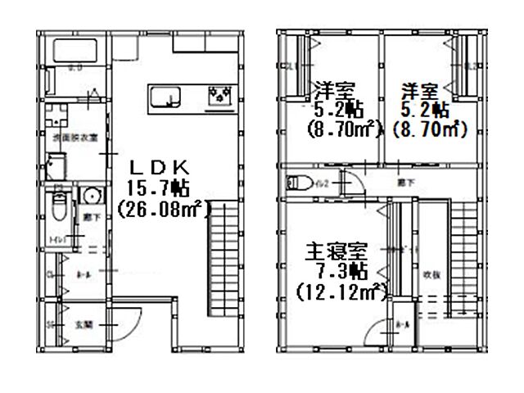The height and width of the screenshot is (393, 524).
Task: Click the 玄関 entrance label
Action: pos(84,324)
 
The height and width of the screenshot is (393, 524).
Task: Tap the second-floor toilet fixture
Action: pos(300,183)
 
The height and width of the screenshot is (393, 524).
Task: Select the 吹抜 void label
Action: pos(433,275)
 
